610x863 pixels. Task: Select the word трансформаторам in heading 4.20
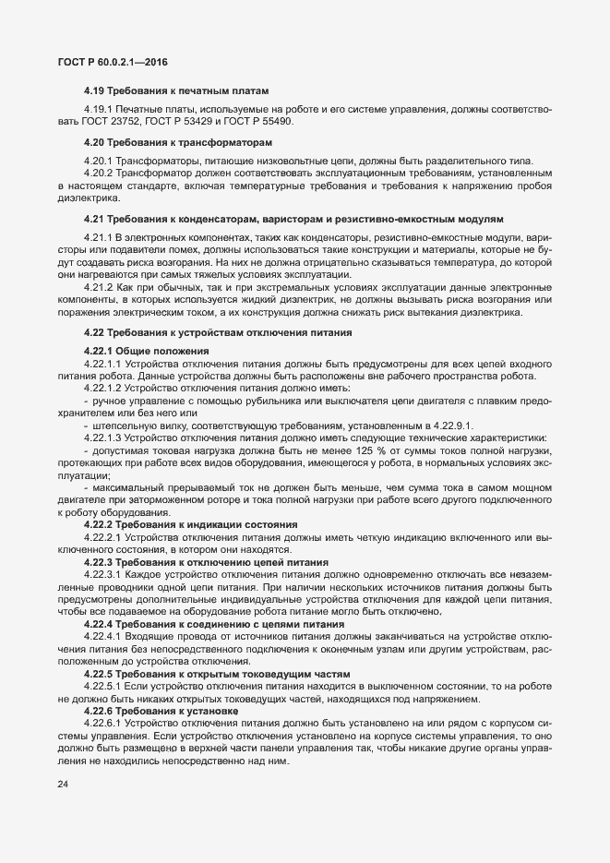point(221,143)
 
